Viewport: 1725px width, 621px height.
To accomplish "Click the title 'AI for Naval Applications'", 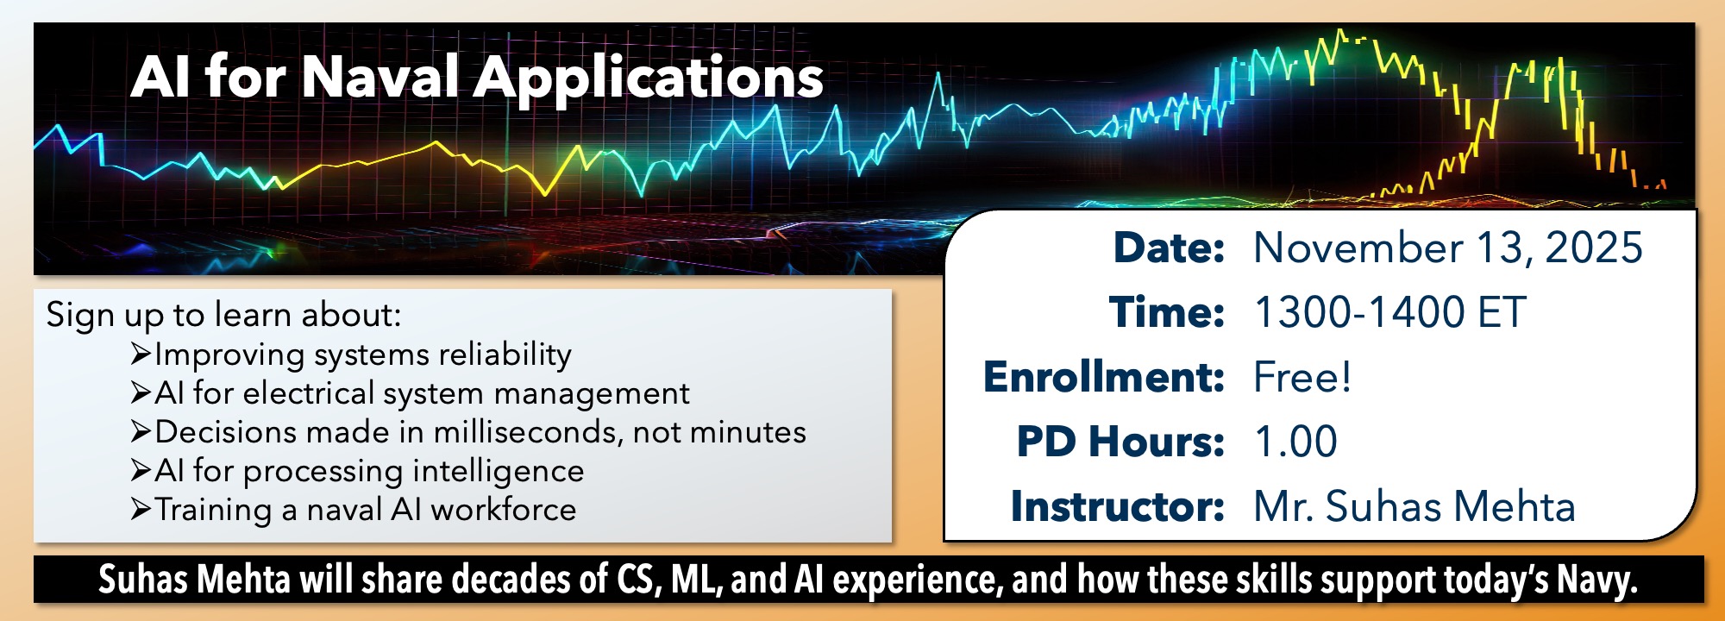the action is click(x=477, y=78).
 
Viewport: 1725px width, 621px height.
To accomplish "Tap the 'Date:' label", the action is click(x=1169, y=248).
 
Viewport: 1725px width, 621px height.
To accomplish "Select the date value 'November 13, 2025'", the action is click(x=1448, y=248).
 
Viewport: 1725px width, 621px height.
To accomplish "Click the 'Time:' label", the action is click(x=1167, y=312).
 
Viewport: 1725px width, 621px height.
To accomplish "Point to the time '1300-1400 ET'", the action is click(x=1390, y=312).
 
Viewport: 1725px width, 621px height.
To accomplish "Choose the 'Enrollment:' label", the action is click(x=1104, y=377).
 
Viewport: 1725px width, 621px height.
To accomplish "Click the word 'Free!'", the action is click(x=1302, y=377).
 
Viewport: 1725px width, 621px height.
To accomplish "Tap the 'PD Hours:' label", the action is click(x=1120, y=442).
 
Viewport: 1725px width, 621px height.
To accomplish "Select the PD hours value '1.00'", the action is click(x=1296, y=442).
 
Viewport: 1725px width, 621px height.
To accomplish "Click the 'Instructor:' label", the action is click(x=1118, y=506).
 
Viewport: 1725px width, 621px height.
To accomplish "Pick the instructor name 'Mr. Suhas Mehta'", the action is click(x=1414, y=506).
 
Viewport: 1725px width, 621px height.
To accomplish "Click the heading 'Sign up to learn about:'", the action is click(x=223, y=316).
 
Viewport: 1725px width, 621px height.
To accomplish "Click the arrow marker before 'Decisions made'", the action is click(x=141, y=431).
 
